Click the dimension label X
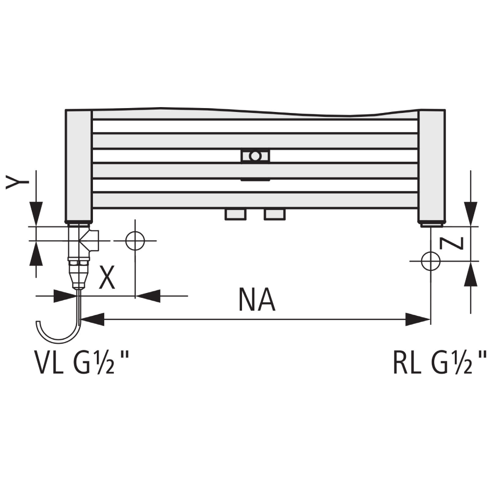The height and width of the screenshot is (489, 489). click(107, 277)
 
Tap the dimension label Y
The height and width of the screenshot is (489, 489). click(17, 182)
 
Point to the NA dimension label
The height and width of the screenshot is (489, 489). click(257, 300)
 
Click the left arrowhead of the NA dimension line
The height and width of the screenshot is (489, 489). click(92, 319)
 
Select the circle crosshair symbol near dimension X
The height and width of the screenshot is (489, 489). click(135, 241)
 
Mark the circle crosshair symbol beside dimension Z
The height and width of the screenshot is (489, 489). click(430, 261)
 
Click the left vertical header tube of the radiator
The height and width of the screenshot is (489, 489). click(79, 166)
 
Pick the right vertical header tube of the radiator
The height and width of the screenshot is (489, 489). click(432, 166)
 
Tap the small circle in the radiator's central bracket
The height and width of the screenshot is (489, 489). click(255, 156)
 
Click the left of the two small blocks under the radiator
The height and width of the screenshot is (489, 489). click(236, 215)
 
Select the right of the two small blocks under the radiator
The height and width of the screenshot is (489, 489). click(275, 215)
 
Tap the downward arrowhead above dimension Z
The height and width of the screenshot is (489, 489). click(470, 214)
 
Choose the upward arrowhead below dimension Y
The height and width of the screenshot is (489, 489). click(36, 253)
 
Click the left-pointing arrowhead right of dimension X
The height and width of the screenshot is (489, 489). click(148, 296)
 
